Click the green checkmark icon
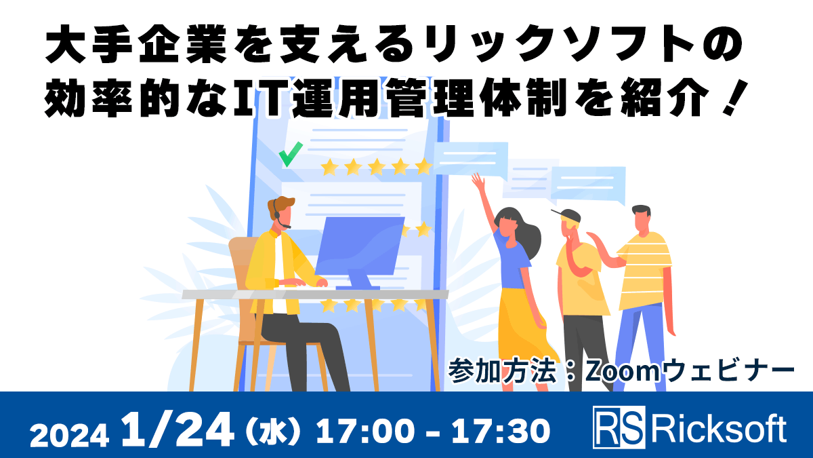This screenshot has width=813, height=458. pos(290,155)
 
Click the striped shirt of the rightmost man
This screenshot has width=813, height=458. pos(644,261)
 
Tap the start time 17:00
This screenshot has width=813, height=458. pos(358,429)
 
